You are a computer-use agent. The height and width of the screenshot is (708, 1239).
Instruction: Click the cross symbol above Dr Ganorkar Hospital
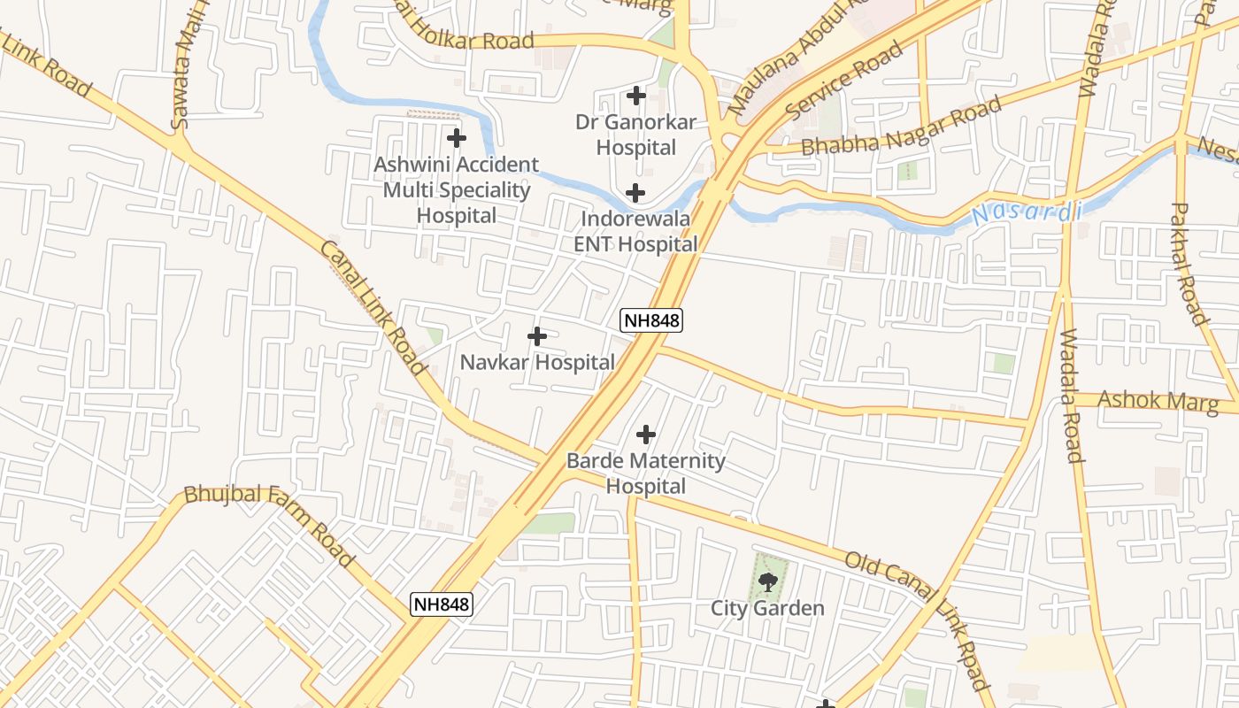[x=635, y=96]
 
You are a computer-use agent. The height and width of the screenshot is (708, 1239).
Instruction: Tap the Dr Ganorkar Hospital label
[x=635, y=135]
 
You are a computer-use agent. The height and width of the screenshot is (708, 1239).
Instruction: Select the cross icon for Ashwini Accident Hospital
[x=456, y=138]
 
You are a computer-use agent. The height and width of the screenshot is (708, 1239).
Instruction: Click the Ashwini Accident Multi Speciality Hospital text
[x=456, y=189]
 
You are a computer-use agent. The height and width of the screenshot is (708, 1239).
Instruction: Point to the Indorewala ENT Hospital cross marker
[x=635, y=192]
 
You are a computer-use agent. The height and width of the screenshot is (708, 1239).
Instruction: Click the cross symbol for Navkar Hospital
[x=536, y=336]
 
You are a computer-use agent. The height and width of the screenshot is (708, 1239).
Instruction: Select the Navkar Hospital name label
[x=537, y=362]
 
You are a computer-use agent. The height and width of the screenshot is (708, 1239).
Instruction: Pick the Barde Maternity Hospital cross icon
[x=646, y=435]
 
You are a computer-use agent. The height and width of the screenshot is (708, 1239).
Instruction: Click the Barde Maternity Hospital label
[x=646, y=473]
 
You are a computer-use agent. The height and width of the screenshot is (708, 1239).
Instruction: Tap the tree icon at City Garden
[x=767, y=581]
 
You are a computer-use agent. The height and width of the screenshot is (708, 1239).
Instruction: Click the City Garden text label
[x=767, y=609]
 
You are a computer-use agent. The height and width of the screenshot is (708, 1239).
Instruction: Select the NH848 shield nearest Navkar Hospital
[x=651, y=320]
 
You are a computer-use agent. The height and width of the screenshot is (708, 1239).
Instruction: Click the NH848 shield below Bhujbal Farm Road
[x=442, y=604]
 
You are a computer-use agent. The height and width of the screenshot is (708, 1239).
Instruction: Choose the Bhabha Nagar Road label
[x=901, y=128]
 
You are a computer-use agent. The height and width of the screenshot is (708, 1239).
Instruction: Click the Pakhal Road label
[x=1189, y=263]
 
